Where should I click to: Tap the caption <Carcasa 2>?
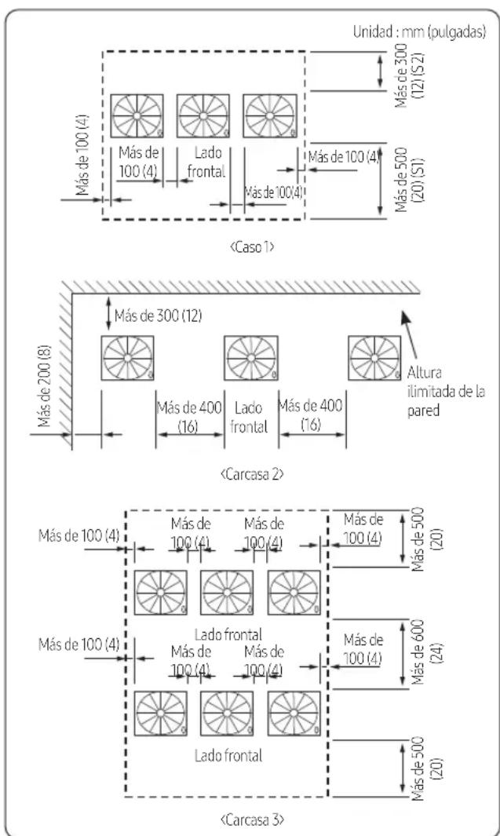(x=252, y=474)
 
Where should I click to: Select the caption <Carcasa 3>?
(x=252, y=819)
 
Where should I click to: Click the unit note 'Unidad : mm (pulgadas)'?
(x=419, y=32)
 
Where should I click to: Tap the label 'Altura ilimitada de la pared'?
(x=446, y=392)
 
